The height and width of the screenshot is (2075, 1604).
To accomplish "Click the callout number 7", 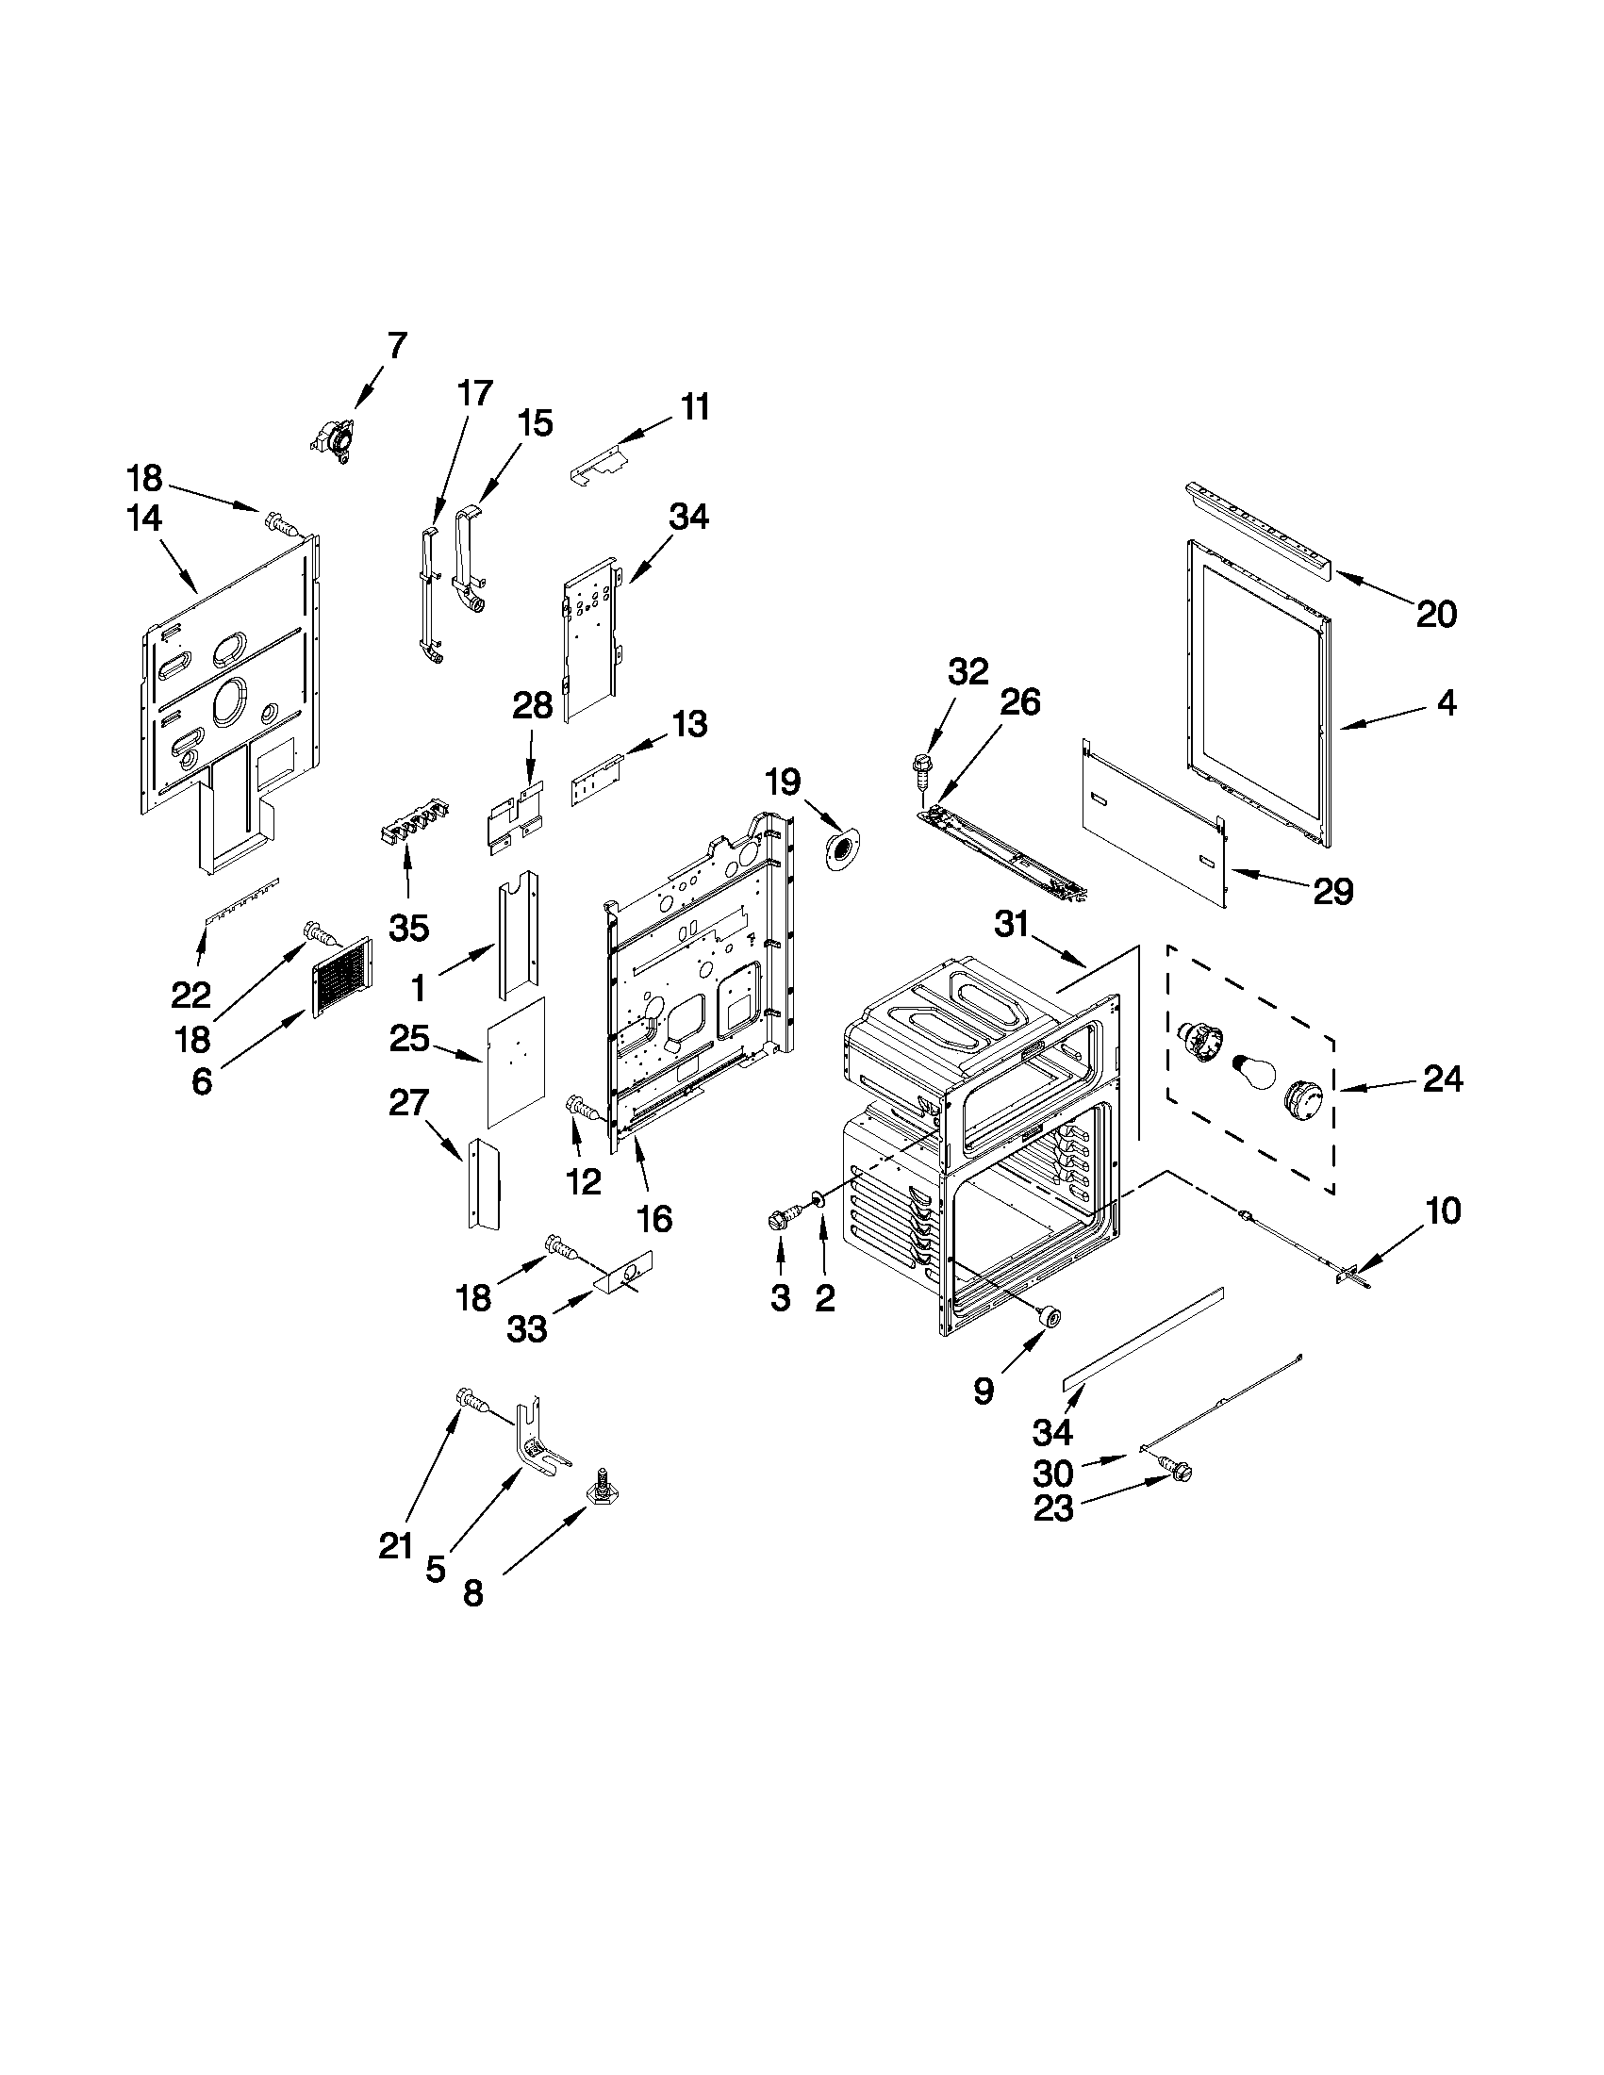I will pos(396,345).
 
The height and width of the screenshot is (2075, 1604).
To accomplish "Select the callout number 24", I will pos(1443,1079).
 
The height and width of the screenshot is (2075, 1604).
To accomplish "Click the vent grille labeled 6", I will pos(341,978).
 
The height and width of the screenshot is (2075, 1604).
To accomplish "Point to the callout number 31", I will pos(1012,924).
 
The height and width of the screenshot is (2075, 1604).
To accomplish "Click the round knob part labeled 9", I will pos(1050,1315).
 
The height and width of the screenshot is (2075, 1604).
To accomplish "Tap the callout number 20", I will pos(1436,615).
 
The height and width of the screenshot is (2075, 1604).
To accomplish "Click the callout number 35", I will pos(408,928).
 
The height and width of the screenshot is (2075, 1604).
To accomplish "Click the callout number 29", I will pos(1332,890).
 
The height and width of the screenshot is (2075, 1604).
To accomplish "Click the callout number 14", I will pos(143,519).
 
